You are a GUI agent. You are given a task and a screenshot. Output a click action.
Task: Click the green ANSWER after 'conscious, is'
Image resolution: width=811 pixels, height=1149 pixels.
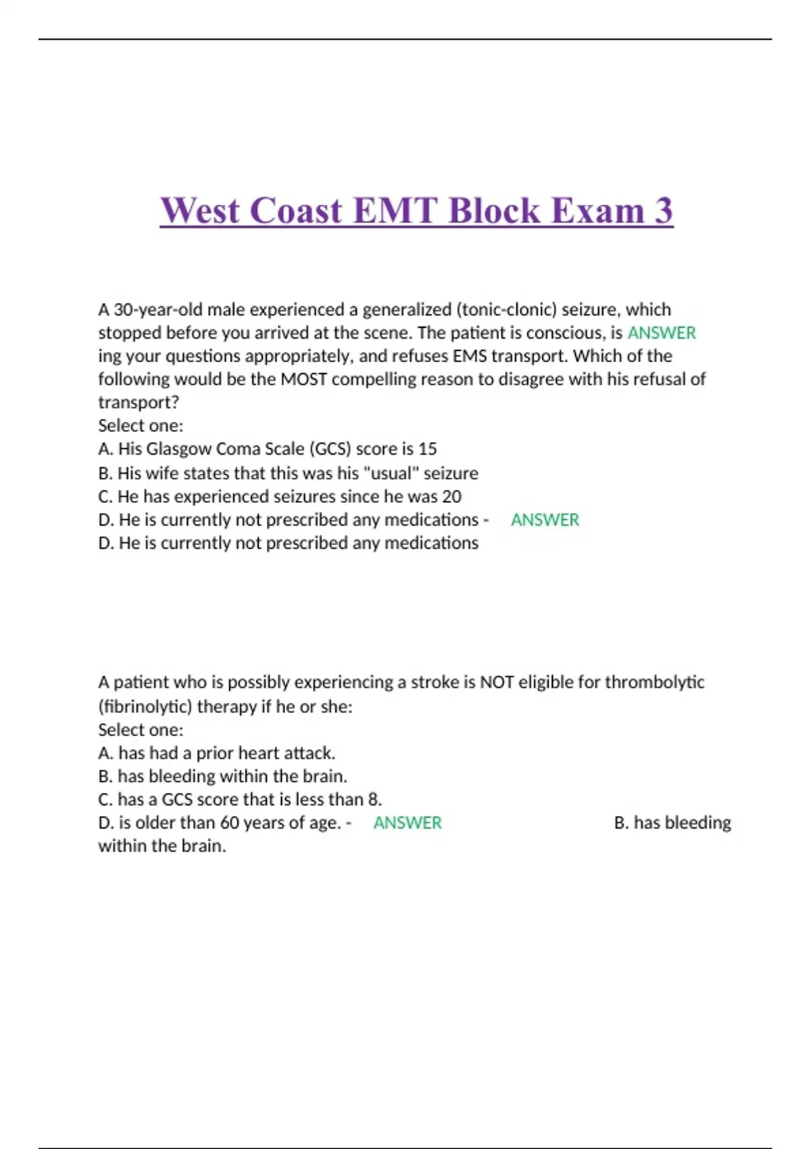(662, 333)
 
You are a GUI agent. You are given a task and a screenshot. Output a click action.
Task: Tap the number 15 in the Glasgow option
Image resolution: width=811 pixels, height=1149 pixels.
(427, 449)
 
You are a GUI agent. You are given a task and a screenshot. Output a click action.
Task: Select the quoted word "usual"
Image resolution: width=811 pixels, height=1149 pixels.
(391, 473)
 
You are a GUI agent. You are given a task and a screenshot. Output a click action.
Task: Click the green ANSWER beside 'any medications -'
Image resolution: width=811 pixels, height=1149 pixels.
(545, 520)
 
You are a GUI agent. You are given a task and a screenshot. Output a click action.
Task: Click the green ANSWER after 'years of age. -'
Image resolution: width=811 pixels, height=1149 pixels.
(408, 823)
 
